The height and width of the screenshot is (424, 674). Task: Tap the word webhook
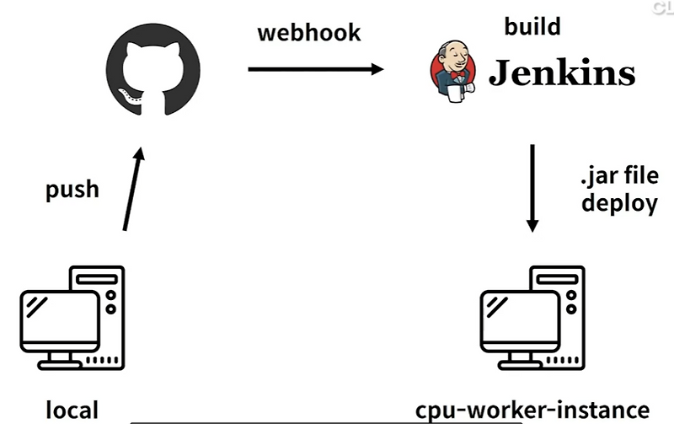[x=308, y=32]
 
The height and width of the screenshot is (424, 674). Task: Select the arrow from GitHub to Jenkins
[x=315, y=69]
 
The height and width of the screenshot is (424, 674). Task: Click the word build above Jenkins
[x=532, y=26]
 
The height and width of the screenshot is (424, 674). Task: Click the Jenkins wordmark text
[x=562, y=73]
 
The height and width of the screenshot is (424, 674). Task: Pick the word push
[x=72, y=188]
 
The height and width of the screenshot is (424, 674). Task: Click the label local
[x=72, y=411]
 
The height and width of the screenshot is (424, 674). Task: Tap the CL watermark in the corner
[x=662, y=8]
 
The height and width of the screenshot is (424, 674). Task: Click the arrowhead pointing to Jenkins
[x=376, y=69]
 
